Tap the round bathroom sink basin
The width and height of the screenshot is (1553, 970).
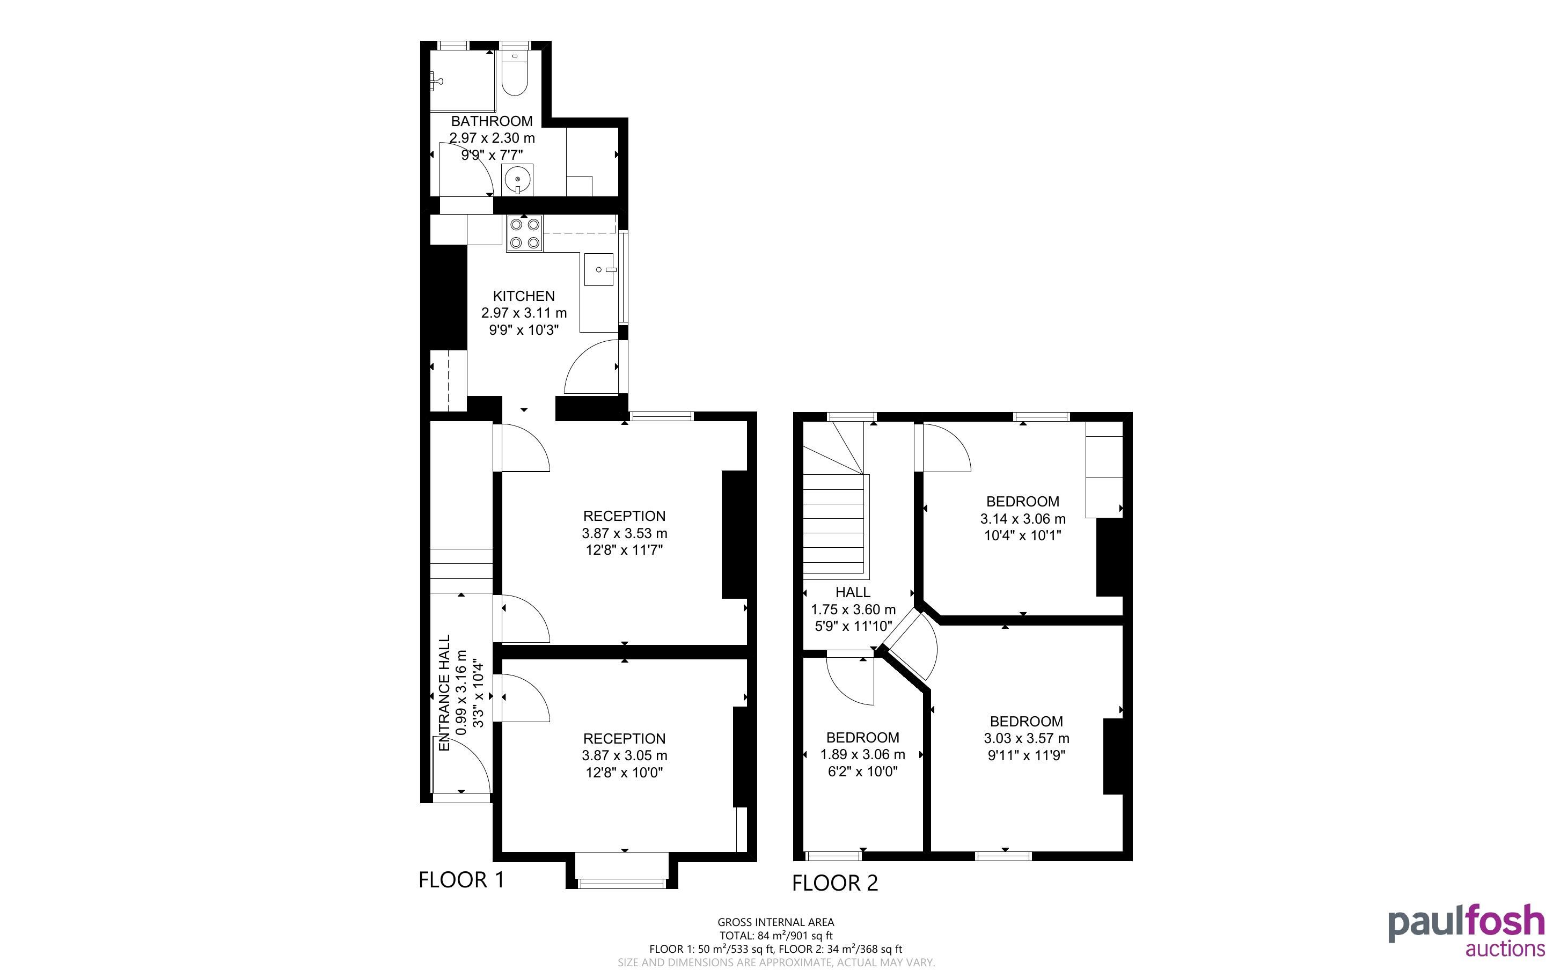tap(517, 179)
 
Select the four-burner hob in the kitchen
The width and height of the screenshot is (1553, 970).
tap(524, 233)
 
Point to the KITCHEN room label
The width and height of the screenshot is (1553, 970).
tap(523, 296)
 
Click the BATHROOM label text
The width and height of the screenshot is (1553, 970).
tap(492, 121)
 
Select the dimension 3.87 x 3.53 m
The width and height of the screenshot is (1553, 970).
tap(624, 533)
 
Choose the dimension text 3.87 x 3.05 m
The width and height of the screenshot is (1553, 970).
tap(624, 756)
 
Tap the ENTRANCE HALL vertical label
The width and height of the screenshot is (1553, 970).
tap(444, 693)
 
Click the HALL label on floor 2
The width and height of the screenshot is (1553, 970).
tap(853, 592)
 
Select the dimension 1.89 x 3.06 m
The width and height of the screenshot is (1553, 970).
tap(863, 754)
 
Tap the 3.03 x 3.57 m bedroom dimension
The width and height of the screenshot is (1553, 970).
tap(1027, 738)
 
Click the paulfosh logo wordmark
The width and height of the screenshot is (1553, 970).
tap(1467, 924)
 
